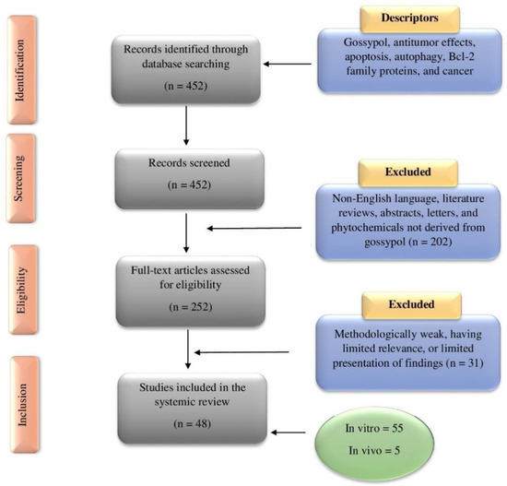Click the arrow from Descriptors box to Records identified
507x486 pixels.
(x=291, y=64)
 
